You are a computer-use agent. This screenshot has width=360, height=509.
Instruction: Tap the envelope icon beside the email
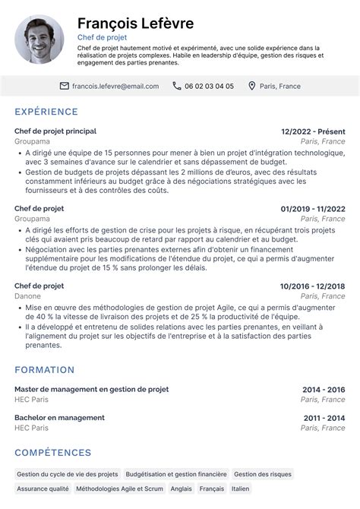click(64, 86)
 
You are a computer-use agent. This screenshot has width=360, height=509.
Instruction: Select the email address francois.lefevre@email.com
click(115, 86)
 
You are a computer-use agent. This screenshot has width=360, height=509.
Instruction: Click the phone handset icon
click(176, 86)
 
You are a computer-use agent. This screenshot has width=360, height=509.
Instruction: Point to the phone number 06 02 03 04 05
click(209, 86)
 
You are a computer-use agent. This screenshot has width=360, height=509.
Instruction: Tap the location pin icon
click(252, 86)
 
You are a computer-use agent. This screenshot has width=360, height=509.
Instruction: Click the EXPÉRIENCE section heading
click(46, 112)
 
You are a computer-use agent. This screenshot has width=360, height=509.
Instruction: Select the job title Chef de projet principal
click(55, 131)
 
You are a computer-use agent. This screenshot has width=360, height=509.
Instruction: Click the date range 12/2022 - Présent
click(313, 131)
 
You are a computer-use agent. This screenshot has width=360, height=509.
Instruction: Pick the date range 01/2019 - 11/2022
click(313, 208)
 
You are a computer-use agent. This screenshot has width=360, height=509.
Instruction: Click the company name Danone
click(27, 296)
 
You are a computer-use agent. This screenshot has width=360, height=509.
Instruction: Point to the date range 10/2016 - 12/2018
click(313, 286)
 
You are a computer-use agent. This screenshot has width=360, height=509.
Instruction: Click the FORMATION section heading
click(45, 370)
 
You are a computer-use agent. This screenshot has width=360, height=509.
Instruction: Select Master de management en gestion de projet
click(91, 389)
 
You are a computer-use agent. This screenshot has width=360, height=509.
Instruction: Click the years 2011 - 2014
click(324, 418)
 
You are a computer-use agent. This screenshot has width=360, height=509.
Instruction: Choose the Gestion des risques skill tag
click(262, 474)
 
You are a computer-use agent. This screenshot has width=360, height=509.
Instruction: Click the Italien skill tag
click(240, 490)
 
